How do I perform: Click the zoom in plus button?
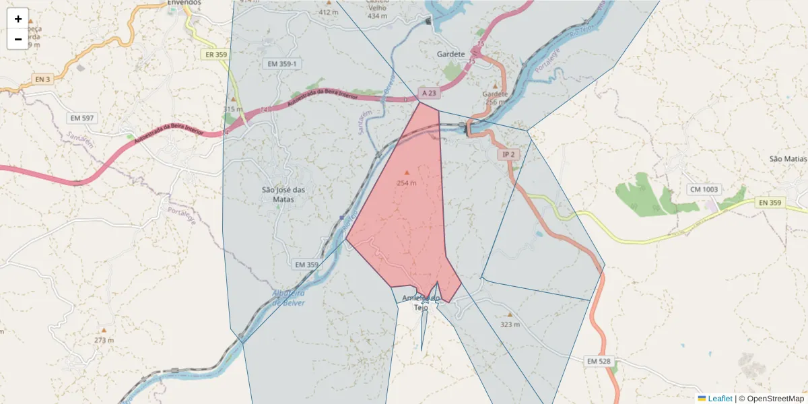click(18, 19)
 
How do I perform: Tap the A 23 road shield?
click(429, 93)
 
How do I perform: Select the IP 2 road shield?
click(508, 154)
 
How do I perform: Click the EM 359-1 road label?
click(282, 63)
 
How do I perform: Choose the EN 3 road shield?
click(42, 79)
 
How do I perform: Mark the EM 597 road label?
click(82, 118)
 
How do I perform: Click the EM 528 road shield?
click(598, 362)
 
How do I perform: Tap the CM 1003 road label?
click(703, 190)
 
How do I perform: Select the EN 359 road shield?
click(769, 202)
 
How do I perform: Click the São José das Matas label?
click(283, 194)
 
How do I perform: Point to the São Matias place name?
click(787, 159)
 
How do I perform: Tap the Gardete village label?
click(450, 54)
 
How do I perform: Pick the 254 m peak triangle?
click(407, 173)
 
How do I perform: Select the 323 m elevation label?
click(510, 325)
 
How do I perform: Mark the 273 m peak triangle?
click(104, 331)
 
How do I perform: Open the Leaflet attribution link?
click(719, 399)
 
